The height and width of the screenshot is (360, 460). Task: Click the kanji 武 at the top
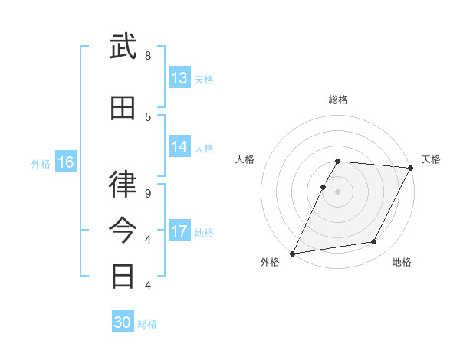click(x=123, y=47)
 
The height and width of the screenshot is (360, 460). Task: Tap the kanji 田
click(x=123, y=109)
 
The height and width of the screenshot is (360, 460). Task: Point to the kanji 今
click(x=123, y=228)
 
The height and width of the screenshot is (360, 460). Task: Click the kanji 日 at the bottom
click(x=123, y=274)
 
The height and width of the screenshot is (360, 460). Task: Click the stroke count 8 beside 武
click(x=148, y=56)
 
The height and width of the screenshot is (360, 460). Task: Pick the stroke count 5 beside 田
click(x=148, y=116)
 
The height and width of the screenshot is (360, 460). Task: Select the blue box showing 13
click(x=179, y=78)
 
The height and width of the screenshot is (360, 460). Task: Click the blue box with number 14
click(x=179, y=147)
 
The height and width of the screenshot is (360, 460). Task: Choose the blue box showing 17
click(x=179, y=231)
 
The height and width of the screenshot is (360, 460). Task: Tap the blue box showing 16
click(x=66, y=162)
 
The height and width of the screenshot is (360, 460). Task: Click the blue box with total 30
click(x=123, y=322)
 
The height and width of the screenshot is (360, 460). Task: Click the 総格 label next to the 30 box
click(x=147, y=324)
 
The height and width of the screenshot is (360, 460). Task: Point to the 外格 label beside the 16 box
click(x=40, y=163)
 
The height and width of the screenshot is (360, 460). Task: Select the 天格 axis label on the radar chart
click(x=431, y=159)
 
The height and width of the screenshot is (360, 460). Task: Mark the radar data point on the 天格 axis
click(x=411, y=168)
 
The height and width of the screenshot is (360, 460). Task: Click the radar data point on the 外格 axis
click(x=293, y=253)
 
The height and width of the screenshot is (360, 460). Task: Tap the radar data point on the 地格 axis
click(x=374, y=242)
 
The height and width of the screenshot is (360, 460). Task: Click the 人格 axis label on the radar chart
click(x=244, y=159)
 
